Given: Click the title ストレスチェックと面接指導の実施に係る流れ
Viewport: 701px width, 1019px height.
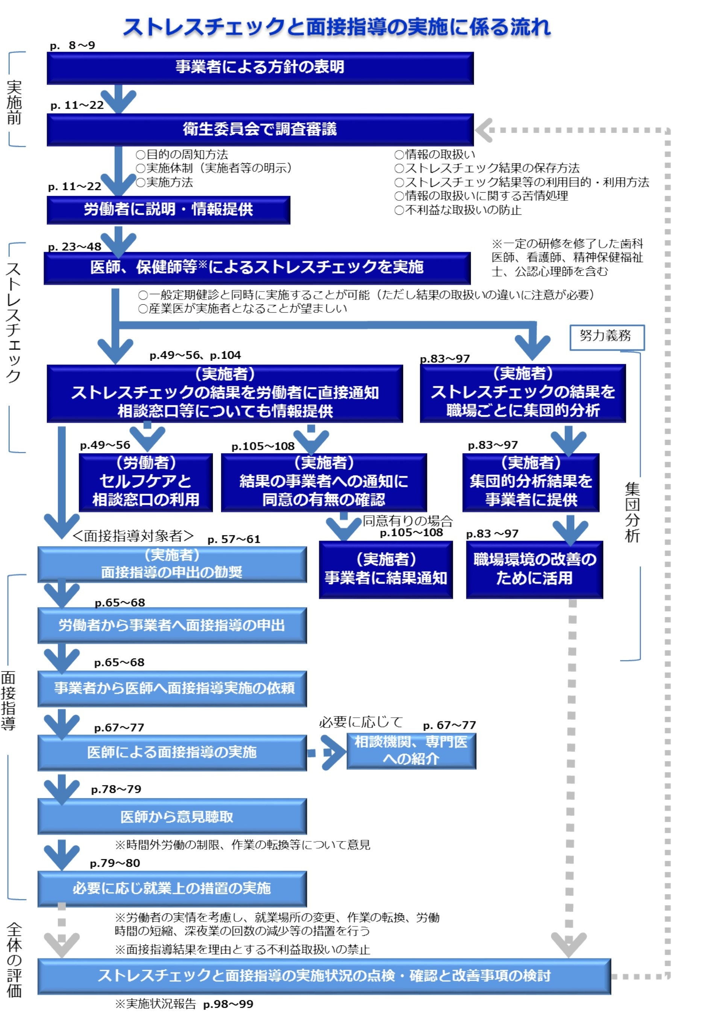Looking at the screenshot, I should pos(337,27).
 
